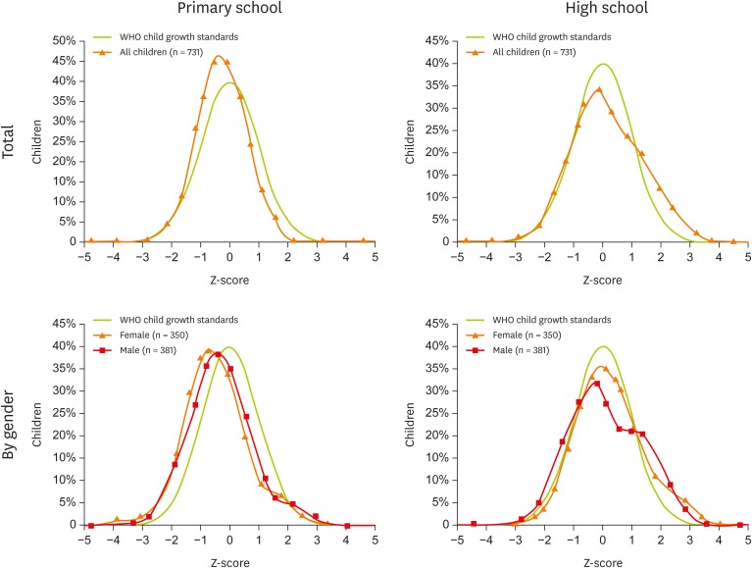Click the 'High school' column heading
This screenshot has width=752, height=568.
pos(600,10)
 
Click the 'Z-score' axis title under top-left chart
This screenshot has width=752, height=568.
pos(229,276)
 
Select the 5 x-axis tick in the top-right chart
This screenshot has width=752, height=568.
pos(748,257)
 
